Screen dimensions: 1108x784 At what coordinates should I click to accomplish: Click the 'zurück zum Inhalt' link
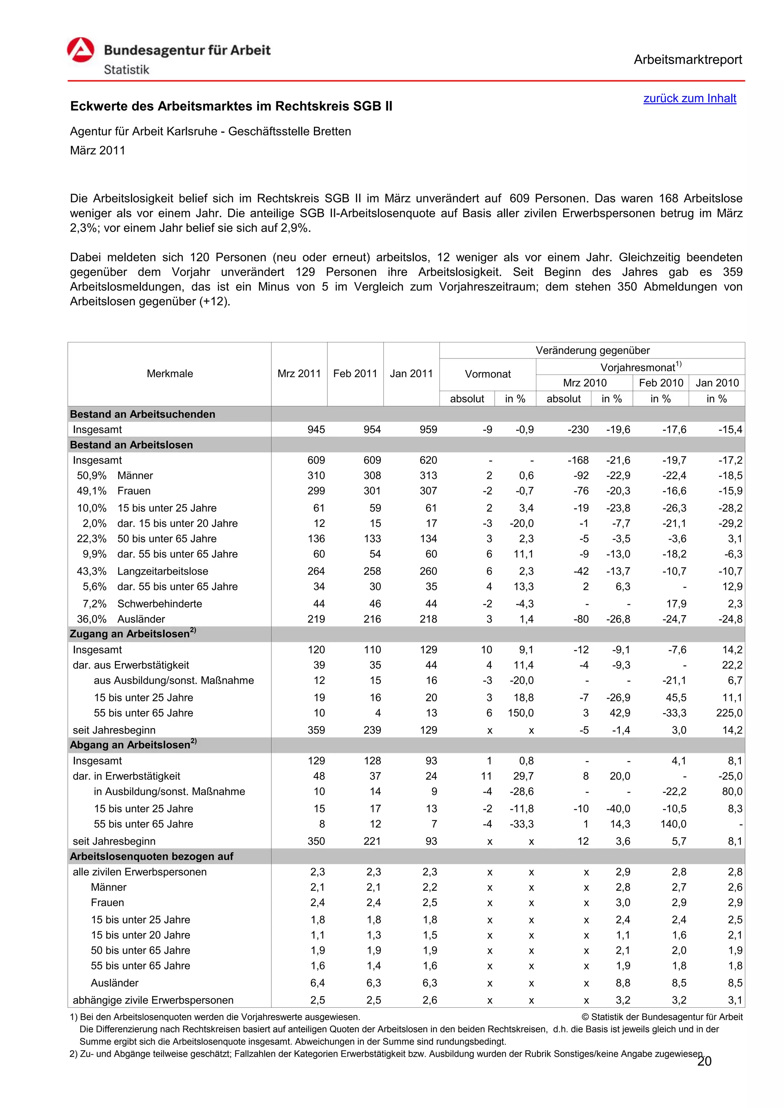pyautogui.click(x=689, y=98)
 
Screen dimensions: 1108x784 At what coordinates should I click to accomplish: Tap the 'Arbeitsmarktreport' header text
pyautogui.click(x=688, y=60)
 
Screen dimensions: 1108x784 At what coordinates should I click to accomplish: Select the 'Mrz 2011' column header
pyautogui.click(x=299, y=373)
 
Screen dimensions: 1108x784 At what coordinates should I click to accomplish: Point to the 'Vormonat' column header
pyautogui.click(x=488, y=374)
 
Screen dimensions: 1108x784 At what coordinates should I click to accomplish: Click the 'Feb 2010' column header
pyautogui.click(x=660, y=383)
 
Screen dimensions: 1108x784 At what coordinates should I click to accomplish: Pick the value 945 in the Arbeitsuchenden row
pyautogui.click(x=316, y=430)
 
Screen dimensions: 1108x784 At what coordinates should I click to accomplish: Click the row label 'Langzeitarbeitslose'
pyautogui.click(x=163, y=571)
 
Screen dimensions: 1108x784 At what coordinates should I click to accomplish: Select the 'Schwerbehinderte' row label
pyautogui.click(x=159, y=604)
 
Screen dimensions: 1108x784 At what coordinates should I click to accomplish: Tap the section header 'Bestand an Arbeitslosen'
pyautogui.click(x=131, y=445)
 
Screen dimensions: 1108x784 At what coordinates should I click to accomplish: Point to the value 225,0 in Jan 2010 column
pyautogui.click(x=729, y=713)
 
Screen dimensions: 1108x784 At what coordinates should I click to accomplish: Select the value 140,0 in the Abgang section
pyautogui.click(x=673, y=824)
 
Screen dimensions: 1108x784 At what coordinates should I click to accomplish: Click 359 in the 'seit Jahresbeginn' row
pyautogui.click(x=316, y=730)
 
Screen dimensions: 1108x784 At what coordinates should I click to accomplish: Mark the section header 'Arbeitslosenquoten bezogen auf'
pyautogui.click(x=152, y=856)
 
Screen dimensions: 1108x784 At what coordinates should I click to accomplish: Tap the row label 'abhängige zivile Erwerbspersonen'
pyautogui.click(x=153, y=1000)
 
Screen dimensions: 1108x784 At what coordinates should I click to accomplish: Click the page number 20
pyautogui.click(x=704, y=1062)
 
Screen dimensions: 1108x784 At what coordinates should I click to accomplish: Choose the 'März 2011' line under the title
pyautogui.click(x=98, y=151)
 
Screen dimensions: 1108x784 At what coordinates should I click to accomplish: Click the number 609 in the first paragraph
pyautogui.click(x=519, y=198)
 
